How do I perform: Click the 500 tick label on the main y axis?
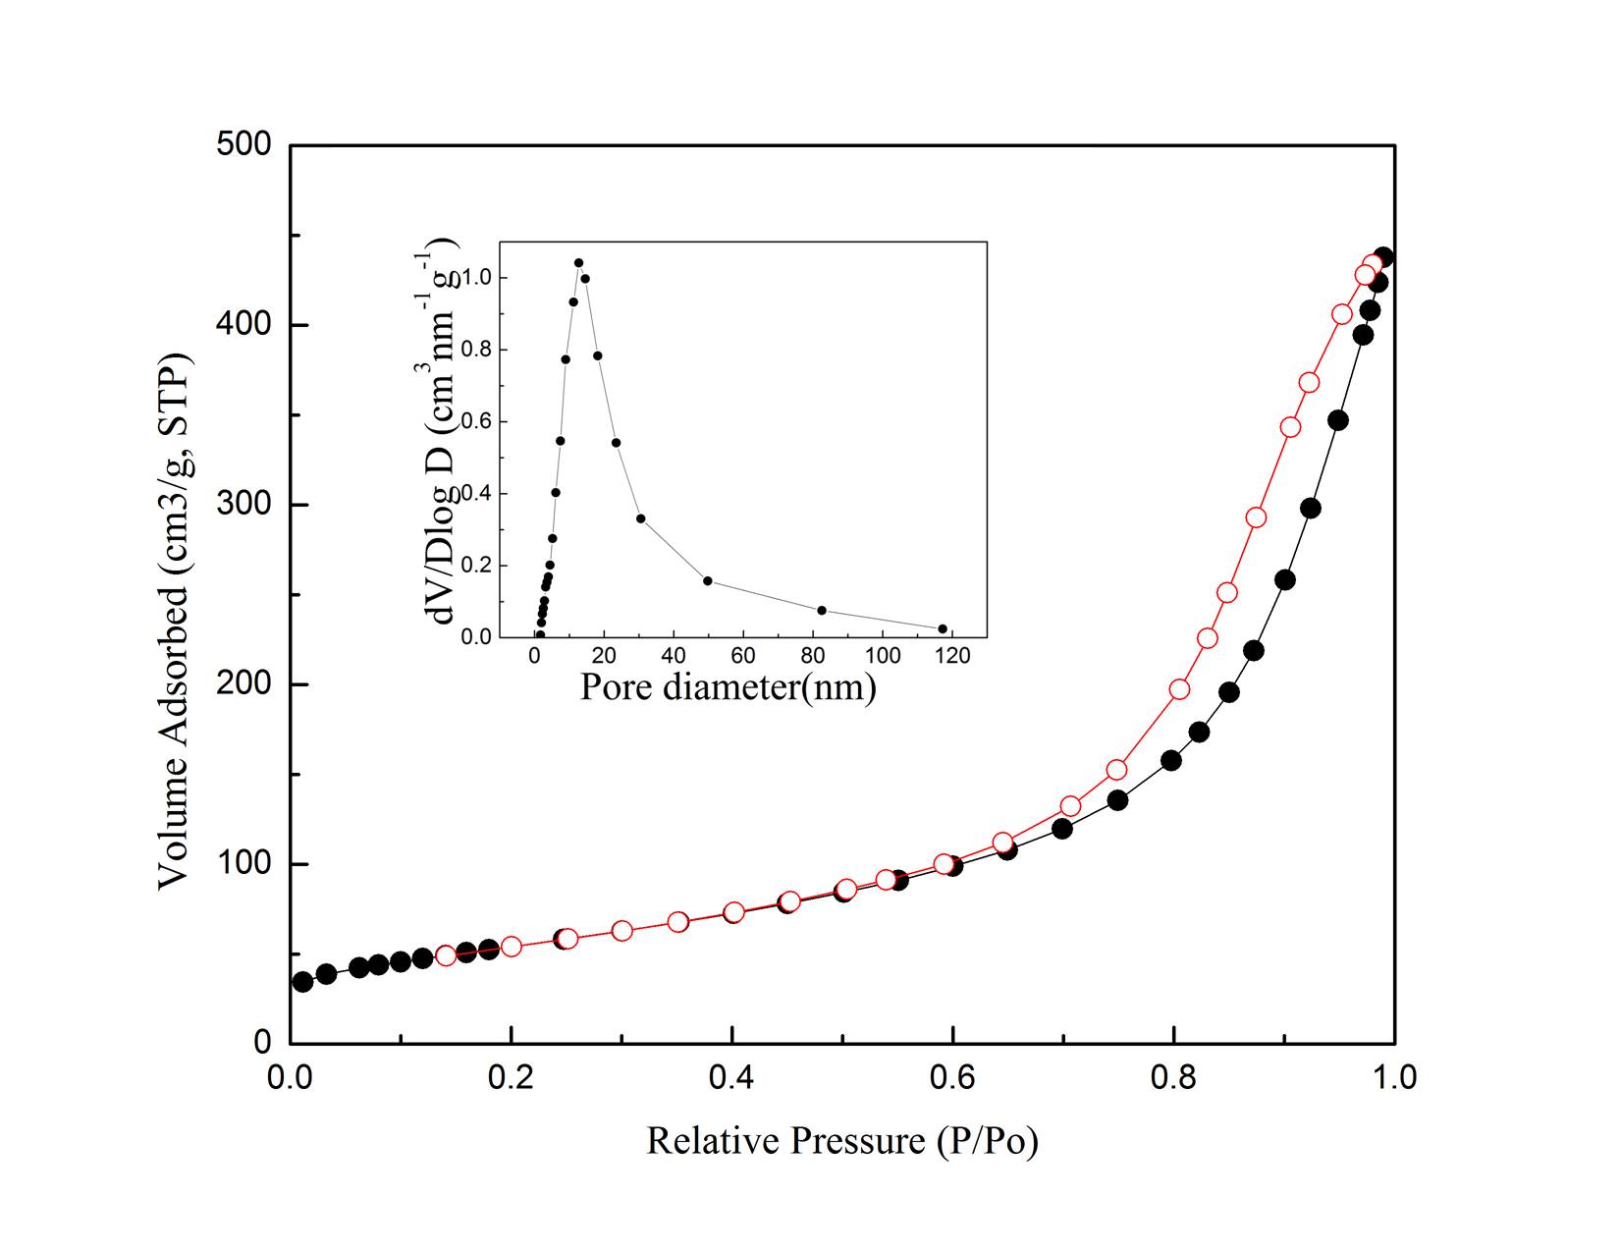[243, 145]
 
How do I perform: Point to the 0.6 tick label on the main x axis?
[952, 1077]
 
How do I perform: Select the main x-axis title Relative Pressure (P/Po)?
[841, 1141]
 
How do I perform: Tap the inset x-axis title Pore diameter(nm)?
[728, 685]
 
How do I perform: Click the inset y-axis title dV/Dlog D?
[442, 432]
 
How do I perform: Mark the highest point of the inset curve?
[578, 263]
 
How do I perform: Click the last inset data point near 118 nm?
[943, 628]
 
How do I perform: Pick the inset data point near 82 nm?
[822, 610]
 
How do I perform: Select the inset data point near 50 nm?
[707, 580]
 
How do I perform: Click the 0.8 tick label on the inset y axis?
[478, 351]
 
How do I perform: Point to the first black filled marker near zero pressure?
[302, 982]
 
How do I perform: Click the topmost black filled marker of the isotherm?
[1383, 258]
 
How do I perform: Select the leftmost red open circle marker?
[446, 955]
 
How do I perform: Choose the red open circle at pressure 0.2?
[511, 947]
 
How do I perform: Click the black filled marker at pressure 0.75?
[1117, 801]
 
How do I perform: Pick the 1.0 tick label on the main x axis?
[1394, 1077]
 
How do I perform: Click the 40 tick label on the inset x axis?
[674, 656]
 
